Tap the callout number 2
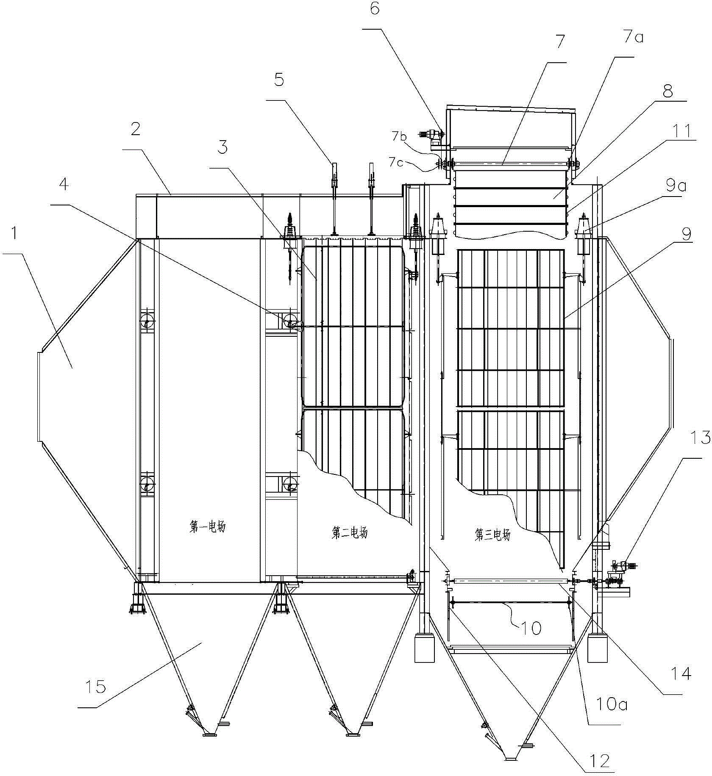coord(136,129)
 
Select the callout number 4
coord(64,185)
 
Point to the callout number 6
coord(375,8)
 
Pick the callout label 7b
coord(398,136)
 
